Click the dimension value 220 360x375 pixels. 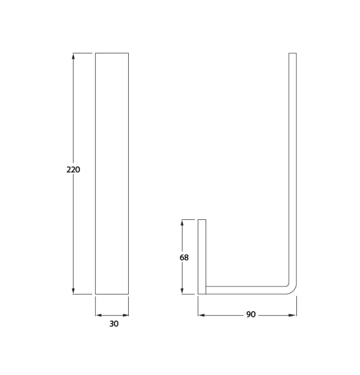(73, 170)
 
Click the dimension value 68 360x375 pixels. (184, 257)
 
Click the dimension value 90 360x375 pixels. (251, 315)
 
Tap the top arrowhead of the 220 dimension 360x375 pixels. (73, 56)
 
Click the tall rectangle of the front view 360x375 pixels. (112, 173)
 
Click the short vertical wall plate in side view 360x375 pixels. (202, 257)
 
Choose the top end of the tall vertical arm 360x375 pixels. (293, 54)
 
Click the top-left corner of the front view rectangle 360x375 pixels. (96, 53)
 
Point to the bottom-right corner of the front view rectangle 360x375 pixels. (128, 294)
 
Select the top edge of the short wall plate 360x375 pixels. (202, 219)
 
